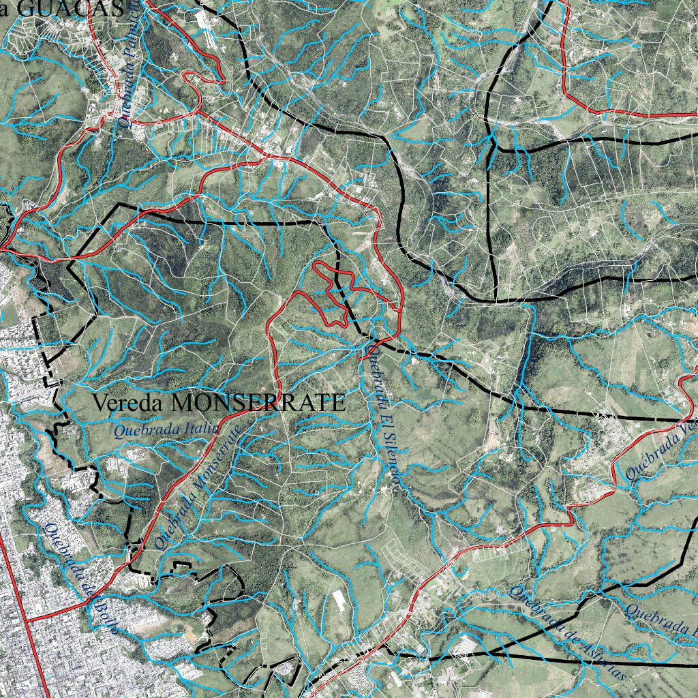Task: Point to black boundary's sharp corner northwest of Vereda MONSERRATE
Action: tap(120, 204)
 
